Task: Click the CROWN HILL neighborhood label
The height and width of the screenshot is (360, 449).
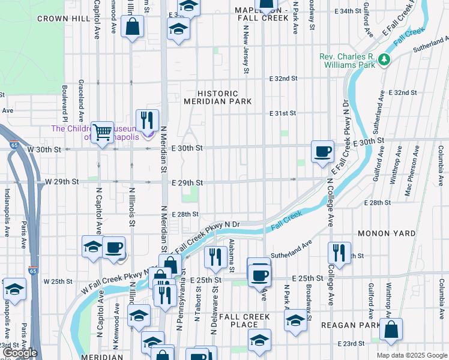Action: pos(63,19)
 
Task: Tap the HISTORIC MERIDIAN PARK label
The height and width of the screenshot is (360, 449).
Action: pos(218,98)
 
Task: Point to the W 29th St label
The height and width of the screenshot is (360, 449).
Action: pos(62,181)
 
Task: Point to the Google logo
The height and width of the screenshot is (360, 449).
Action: pos(20,353)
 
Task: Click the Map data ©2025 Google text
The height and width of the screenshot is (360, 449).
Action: pos(411,355)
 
